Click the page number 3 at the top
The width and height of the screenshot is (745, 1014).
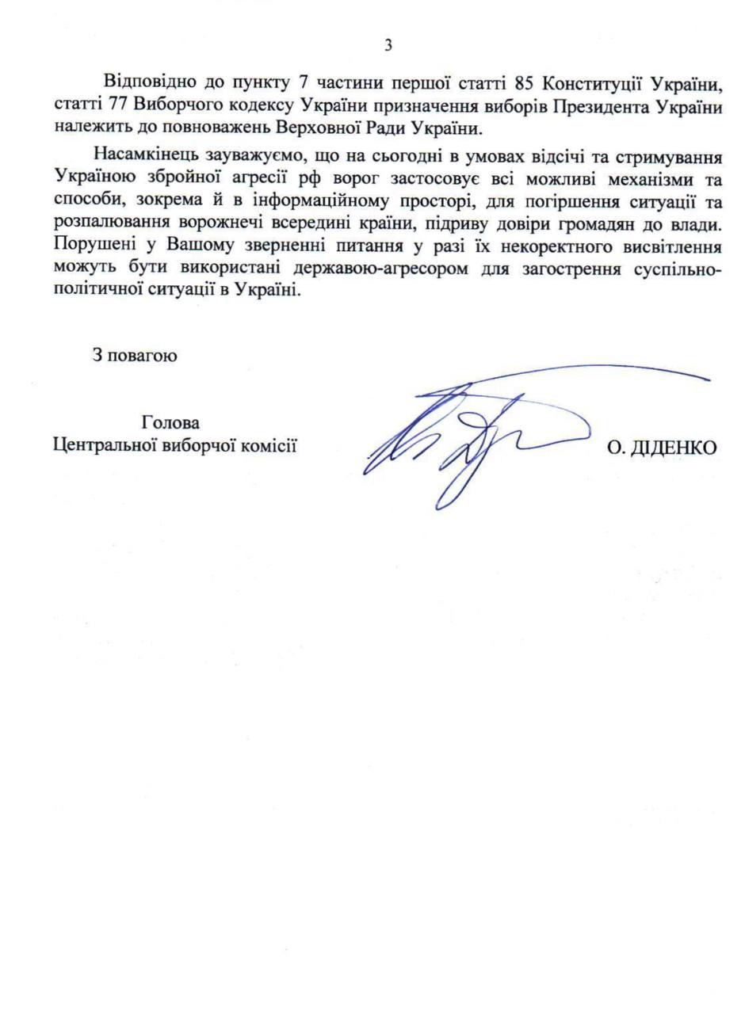pos(388,45)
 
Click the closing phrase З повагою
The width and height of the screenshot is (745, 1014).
pos(134,355)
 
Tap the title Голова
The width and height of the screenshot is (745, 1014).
pos(170,422)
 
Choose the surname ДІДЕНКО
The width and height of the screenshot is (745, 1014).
pos(673,448)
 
